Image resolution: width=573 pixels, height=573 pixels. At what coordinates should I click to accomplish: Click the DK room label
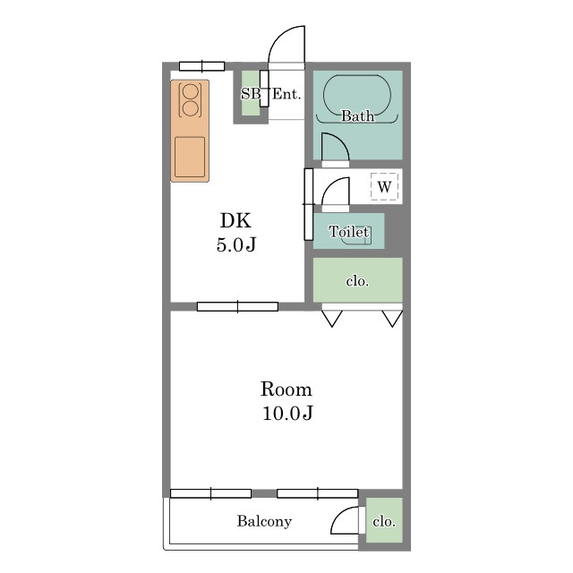pos(235,221)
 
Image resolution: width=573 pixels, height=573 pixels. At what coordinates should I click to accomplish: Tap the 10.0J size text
pos(287,413)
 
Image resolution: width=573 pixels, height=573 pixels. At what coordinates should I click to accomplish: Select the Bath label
pos(358,115)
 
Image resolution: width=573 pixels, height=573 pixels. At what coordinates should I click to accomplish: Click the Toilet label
pos(348,231)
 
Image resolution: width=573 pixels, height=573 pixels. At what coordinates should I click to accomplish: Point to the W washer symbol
pos(384,186)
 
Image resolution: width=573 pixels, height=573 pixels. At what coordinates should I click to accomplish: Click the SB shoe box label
pos(251,94)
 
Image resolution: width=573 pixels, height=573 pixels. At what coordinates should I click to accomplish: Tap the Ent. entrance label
pos(286,94)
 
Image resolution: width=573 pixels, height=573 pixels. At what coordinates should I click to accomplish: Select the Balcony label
pos(264,521)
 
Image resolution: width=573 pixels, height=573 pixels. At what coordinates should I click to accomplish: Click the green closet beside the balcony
pos(384,520)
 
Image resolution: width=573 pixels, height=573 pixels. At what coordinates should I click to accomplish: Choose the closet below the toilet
pos(358,280)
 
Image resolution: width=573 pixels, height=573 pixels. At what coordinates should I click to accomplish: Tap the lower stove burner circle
pos(190,108)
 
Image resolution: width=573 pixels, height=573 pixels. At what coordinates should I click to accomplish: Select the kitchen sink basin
pos(190,158)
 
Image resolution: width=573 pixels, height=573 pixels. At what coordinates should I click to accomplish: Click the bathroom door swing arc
pos(342,141)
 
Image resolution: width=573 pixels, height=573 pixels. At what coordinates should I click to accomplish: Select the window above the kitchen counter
pos(201,66)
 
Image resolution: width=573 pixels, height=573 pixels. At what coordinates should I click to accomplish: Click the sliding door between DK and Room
pos(237,306)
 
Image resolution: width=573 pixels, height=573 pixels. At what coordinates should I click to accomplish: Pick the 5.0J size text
pos(236,244)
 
